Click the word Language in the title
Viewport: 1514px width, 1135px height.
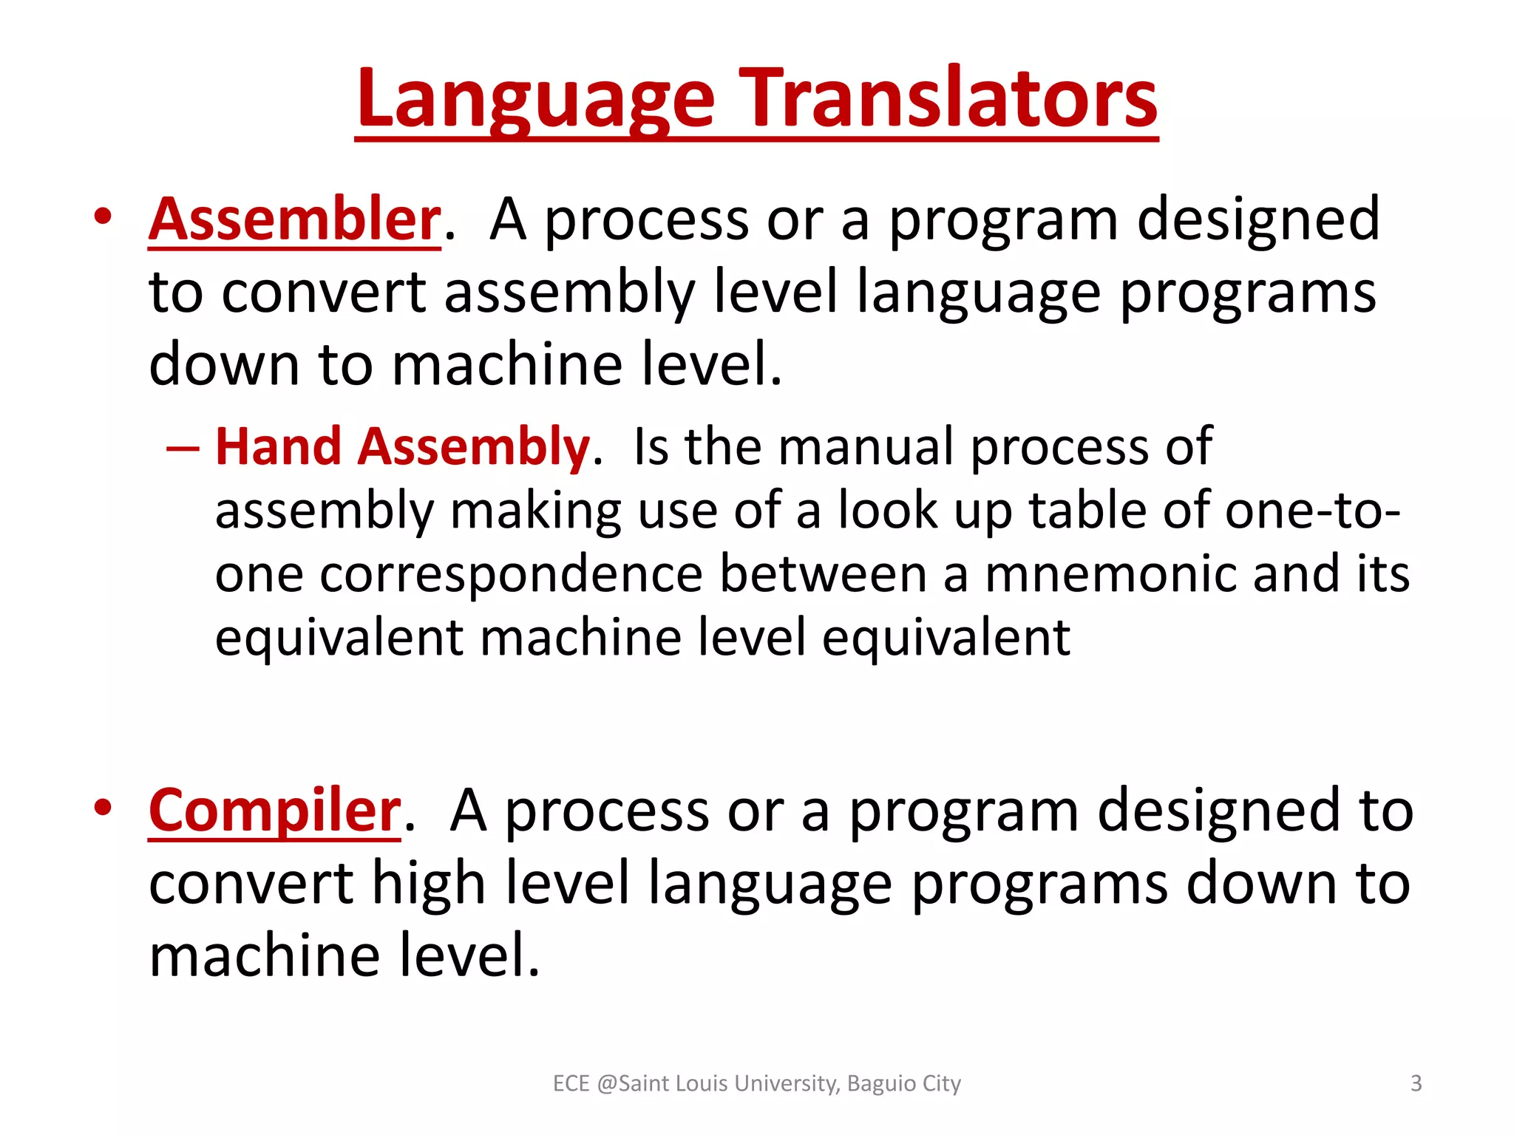click(x=535, y=100)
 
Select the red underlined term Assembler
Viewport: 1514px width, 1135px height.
click(x=294, y=219)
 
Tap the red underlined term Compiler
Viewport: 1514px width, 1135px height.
click(x=274, y=811)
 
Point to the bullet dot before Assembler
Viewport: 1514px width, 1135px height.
click(x=103, y=217)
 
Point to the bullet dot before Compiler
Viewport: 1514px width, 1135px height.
click(x=103, y=807)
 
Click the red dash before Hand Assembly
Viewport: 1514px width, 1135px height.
click(x=183, y=449)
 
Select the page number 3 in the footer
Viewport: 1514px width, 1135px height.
click(x=1416, y=1083)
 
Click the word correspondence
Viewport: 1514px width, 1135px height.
click(x=510, y=574)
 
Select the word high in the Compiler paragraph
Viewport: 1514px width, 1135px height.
click(x=427, y=884)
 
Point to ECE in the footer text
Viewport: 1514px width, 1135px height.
click(x=571, y=1083)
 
